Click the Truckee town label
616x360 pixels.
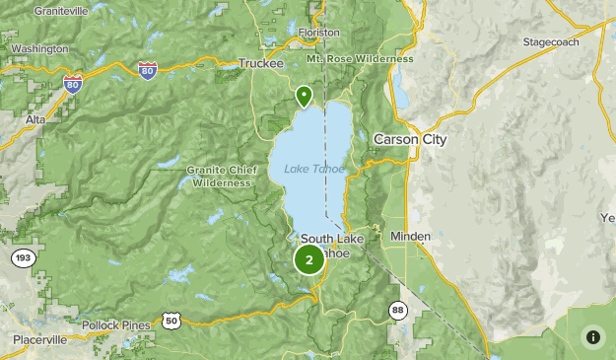(260, 64)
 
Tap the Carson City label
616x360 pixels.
(409, 140)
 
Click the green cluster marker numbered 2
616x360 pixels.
(309, 260)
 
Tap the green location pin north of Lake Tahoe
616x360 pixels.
(305, 96)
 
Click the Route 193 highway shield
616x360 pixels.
(23, 258)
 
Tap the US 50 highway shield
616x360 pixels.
(173, 320)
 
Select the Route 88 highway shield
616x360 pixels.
(396, 309)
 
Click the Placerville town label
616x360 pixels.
(40, 339)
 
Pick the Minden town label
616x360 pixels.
(410, 237)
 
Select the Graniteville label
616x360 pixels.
(60, 11)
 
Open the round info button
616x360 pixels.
(592, 336)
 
